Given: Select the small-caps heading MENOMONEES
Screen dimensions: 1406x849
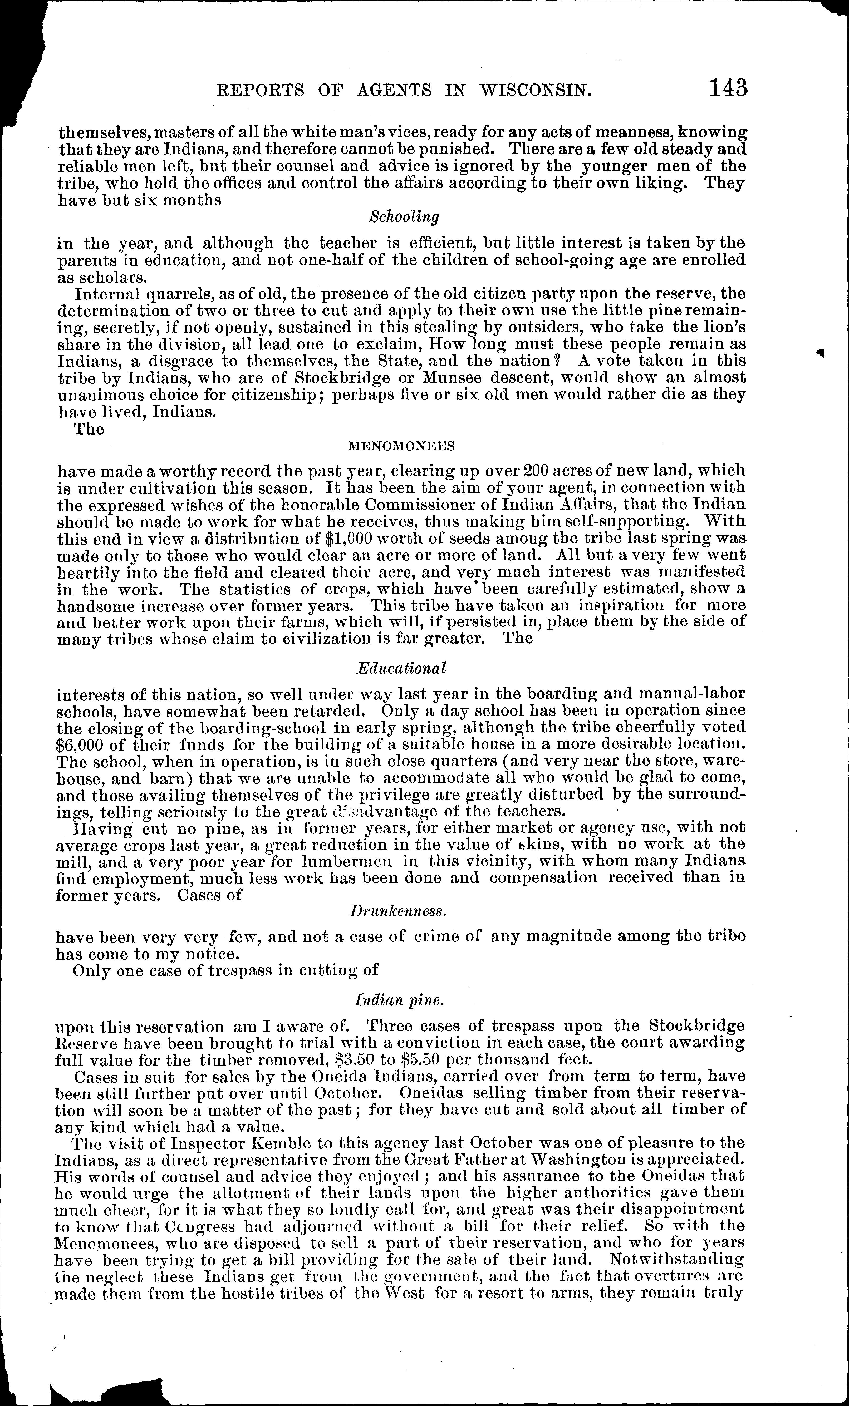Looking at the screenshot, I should [x=401, y=447].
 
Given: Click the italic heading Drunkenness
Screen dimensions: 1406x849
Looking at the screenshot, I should [x=397, y=911].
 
